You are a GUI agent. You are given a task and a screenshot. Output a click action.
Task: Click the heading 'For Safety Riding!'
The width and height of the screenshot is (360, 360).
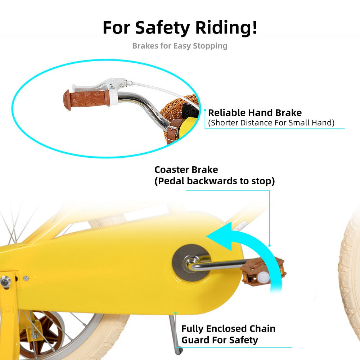tap(180, 28)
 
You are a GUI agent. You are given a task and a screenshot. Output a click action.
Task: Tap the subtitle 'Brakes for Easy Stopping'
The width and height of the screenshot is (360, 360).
tap(180, 46)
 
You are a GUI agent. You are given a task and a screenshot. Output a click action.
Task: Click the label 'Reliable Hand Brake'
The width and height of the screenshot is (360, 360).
tap(255, 113)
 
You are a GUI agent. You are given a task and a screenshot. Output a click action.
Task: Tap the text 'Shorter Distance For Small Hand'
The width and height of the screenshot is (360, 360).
tap(271, 123)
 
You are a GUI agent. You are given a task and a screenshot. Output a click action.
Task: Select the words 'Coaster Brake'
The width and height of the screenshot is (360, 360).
tap(186, 170)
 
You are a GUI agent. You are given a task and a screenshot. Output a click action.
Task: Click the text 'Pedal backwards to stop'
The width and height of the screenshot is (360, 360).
tap(215, 181)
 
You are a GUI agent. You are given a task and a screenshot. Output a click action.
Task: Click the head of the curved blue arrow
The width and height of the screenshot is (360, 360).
tap(216, 238)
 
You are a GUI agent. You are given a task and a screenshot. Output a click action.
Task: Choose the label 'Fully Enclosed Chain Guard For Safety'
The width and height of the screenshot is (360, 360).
tap(228, 334)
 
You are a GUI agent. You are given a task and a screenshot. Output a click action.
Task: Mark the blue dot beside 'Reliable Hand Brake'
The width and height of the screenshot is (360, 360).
tap(204, 111)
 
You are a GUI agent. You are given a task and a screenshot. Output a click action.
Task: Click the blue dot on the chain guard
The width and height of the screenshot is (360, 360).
tap(175, 312)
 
